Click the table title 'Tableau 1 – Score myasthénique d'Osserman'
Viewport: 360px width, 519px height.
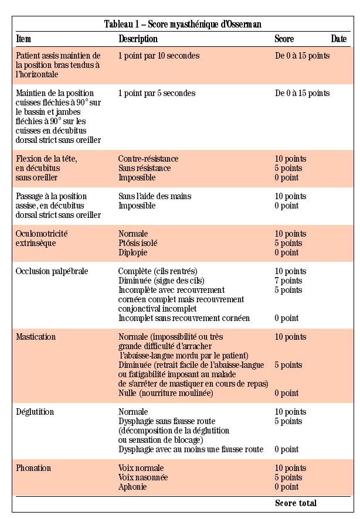coord(182,24)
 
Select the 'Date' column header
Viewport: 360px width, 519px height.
coord(338,39)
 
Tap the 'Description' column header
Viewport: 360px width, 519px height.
coord(138,39)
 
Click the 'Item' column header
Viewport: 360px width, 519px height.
coord(23,39)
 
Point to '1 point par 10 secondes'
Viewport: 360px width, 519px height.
coord(158,56)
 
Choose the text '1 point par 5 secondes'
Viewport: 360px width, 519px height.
coord(157,93)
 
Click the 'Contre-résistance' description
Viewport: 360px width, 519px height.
coord(148,159)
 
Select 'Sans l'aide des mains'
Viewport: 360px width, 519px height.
coord(155,196)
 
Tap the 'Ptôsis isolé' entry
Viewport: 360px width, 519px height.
coord(138,243)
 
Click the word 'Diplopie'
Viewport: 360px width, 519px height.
coord(133,252)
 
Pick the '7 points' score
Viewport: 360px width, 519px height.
coord(288,281)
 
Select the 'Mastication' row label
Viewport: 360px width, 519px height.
coord(36,337)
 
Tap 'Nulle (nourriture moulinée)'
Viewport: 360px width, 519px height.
coord(165,393)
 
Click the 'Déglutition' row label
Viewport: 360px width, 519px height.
coord(35,412)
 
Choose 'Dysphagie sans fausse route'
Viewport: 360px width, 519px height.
coord(167,421)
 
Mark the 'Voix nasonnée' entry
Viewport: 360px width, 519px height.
coord(143,477)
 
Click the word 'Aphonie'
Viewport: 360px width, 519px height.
coord(133,487)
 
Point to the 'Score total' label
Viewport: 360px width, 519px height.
coord(296,503)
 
